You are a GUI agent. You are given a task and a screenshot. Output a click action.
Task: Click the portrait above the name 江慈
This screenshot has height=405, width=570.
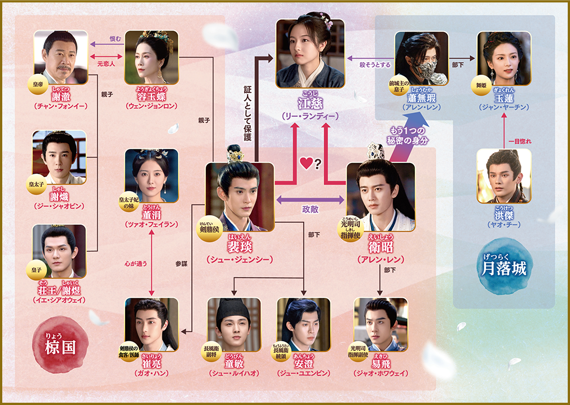pyautogui.click(x=310, y=54)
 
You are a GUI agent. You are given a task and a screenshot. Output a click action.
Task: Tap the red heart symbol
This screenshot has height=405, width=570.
pyautogui.click(x=306, y=164)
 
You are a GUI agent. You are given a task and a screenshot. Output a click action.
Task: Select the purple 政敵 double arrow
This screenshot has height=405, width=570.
pyautogui.click(x=310, y=199)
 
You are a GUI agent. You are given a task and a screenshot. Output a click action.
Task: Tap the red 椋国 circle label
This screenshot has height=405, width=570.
pyautogui.click(x=60, y=344)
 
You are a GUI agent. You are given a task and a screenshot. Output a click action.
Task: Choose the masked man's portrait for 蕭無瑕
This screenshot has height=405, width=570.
pyautogui.click(x=421, y=58)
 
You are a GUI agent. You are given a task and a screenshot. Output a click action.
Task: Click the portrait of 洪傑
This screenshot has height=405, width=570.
pyautogui.click(x=503, y=175)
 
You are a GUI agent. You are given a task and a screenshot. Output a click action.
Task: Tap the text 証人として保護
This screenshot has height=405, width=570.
pyautogui.click(x=247, y=113)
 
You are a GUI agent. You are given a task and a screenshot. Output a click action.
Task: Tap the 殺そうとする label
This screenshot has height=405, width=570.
pyautogui.click(x=375, y=65)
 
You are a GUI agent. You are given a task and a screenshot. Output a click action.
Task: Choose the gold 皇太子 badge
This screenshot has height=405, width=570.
pyautogui.click(x=36, y=183)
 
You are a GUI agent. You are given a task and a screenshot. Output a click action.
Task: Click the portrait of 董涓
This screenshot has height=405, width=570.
pyautogui.click(x=151, y=175)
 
